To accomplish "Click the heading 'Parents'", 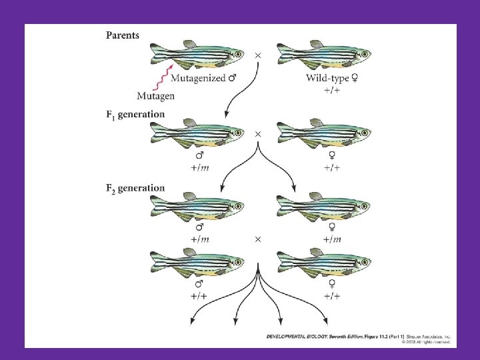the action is click(x=123, y=35).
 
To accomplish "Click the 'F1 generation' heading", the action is click(x=135, y=114).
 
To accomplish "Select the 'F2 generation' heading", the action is click(x=135, y=187).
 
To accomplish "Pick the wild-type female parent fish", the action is click(x=325, y=54).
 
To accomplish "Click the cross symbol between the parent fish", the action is click(x=258, y=55).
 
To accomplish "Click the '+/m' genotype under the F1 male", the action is click(x=199, y=167).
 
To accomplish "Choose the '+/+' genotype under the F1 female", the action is click(x=332, y=167).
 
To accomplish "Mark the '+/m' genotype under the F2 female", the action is click(x=332, y=239).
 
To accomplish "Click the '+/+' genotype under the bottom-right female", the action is click(x=332, y=296).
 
